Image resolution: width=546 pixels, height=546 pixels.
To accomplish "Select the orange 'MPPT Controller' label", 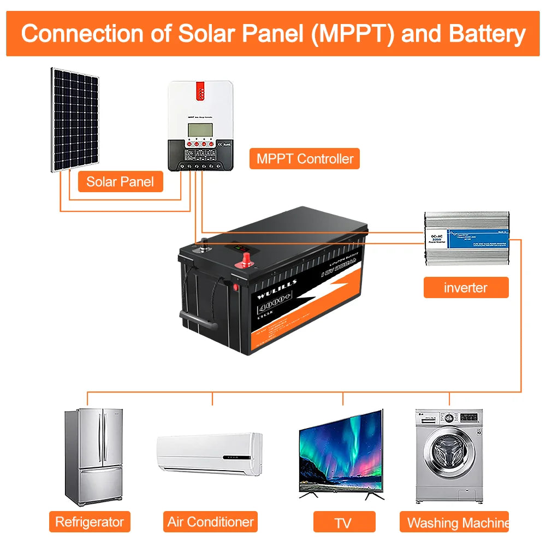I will click(x=305, y=159).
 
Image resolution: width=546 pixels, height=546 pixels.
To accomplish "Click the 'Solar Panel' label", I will click(x=120, y=181).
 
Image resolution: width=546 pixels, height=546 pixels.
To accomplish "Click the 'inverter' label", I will click(x=466, y=287).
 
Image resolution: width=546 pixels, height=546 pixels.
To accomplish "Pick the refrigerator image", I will click(x=93, y=458).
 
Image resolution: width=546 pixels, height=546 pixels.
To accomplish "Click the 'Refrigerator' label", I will click(x=90, y=522).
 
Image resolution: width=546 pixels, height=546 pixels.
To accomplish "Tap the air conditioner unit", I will click(x=209, y=453).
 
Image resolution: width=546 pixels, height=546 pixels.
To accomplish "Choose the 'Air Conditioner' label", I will click(x=210, y=522).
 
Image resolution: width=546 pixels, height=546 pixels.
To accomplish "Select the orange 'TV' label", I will click(x=343, y=523).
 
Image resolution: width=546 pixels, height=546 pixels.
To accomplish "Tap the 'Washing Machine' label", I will click(x=458, y=523).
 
